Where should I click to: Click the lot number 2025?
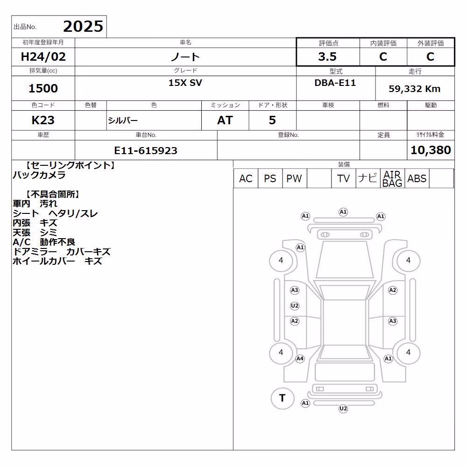[83, 27]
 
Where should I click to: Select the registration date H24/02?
[43, 57]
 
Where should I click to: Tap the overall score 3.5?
[327, 57]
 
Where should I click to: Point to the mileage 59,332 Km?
[414, 89]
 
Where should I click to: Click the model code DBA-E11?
[335, 83]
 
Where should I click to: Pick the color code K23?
[43, 120]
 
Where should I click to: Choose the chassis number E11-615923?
[146, 150]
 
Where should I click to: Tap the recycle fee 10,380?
[431, 150]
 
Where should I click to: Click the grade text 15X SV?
[185, 83]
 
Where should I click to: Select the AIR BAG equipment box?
[392, 178]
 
